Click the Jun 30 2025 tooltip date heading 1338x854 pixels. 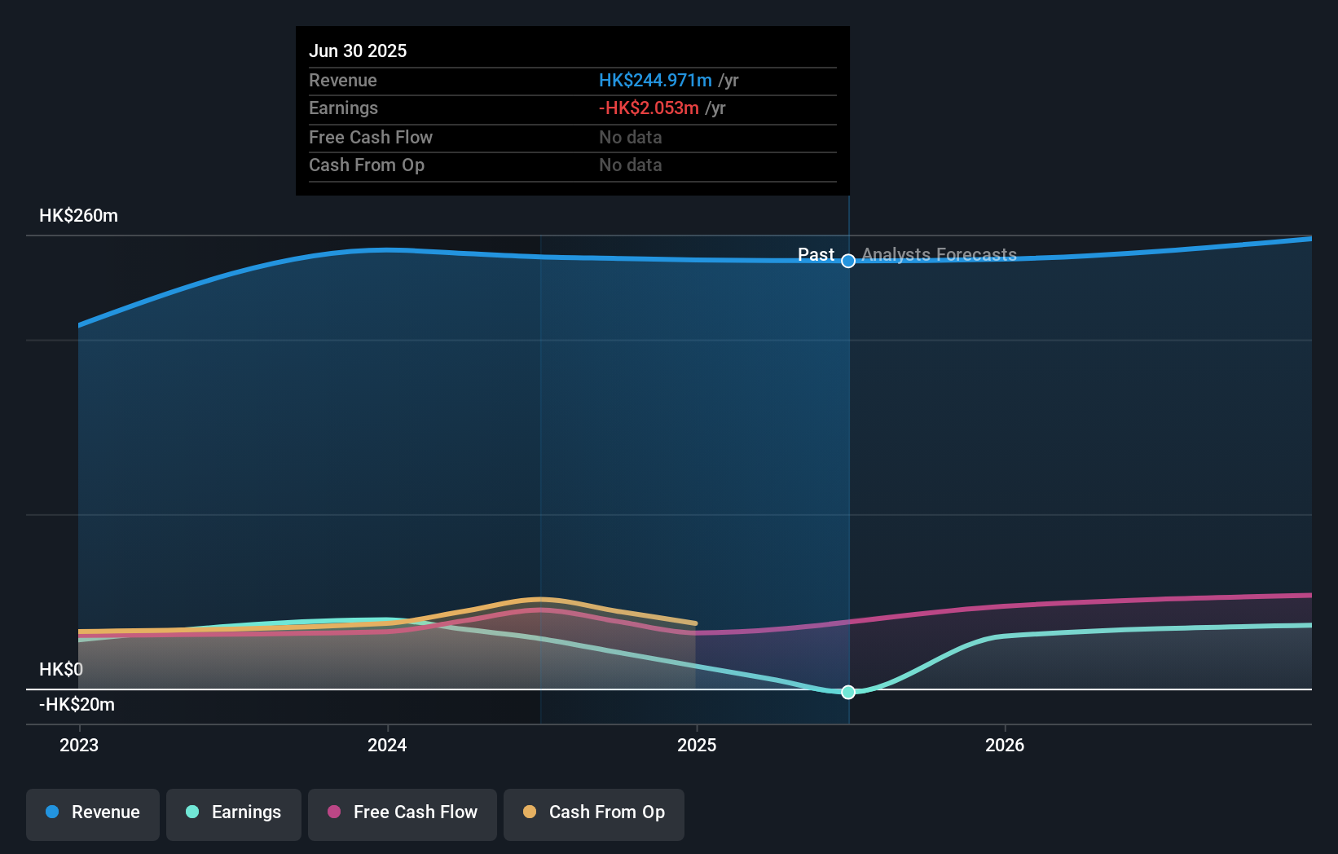358,51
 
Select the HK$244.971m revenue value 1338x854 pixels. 655,80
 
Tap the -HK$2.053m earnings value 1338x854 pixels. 649,108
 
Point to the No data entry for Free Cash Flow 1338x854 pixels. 630,137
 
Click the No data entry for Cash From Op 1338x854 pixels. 630,165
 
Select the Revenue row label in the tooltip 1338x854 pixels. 342,80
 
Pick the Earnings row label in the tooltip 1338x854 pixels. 343,108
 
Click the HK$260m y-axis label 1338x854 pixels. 78,215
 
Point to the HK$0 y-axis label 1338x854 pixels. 61,669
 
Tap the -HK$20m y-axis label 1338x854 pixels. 77,704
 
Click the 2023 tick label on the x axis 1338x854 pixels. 79,745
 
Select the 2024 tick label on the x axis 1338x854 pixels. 387,745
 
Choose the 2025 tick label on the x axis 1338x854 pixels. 697,745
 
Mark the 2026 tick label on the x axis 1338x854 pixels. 1005,745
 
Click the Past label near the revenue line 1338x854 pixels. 816,254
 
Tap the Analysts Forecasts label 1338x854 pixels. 939,254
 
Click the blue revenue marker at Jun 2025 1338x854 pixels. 848,261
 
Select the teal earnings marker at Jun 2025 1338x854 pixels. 848,692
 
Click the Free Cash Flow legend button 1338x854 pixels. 403,812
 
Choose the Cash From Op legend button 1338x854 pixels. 594,812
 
